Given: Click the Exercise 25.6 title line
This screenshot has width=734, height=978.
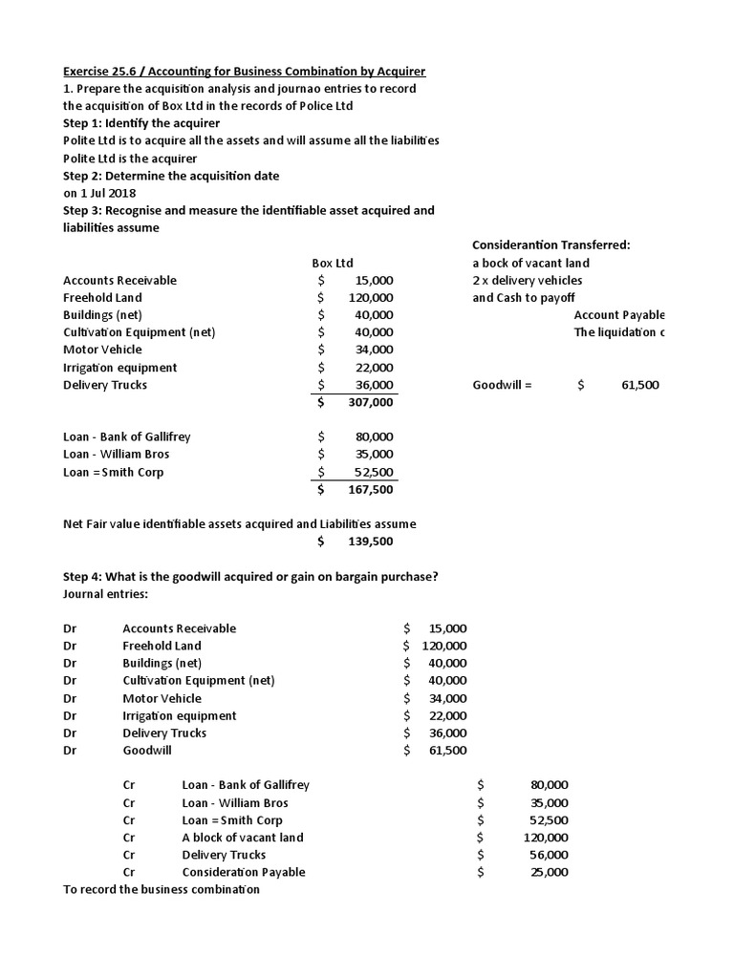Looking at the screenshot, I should [244, 71].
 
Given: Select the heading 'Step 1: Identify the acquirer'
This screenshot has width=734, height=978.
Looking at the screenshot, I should [141, 123].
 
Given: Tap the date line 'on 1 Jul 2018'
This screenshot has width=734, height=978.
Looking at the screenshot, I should [99, 193].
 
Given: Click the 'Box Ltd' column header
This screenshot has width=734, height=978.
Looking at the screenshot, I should [333, 263].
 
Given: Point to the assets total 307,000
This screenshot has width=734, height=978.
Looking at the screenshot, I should [370, 402].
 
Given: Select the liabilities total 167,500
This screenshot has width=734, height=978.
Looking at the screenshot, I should [370, 490].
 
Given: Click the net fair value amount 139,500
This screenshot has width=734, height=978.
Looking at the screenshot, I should [370, 542].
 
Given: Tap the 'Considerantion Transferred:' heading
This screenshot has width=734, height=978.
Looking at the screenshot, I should [550, 244].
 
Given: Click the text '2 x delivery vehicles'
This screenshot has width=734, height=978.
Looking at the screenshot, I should [527, 280].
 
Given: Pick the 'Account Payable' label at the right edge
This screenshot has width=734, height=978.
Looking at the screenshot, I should [619, 315].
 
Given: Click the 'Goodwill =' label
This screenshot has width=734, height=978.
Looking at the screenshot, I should [502, 385].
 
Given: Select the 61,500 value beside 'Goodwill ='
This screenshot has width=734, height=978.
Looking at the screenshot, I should [639, 385].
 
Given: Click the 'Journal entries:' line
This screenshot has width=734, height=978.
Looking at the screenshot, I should [105, 594].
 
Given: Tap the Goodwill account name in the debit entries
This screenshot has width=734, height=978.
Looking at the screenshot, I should [147, 751].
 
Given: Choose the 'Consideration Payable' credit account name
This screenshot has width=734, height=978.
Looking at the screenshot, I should [244, 872].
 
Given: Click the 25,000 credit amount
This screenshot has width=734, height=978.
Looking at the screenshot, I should [549, 872].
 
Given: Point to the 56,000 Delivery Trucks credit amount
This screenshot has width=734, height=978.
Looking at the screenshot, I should [549, 855].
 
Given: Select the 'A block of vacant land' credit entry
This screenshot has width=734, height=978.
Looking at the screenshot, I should [243, 838].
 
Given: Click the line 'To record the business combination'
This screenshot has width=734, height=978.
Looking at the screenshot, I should [161, 889].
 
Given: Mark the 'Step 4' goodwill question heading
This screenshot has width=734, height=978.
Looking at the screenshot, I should [250, 577].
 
